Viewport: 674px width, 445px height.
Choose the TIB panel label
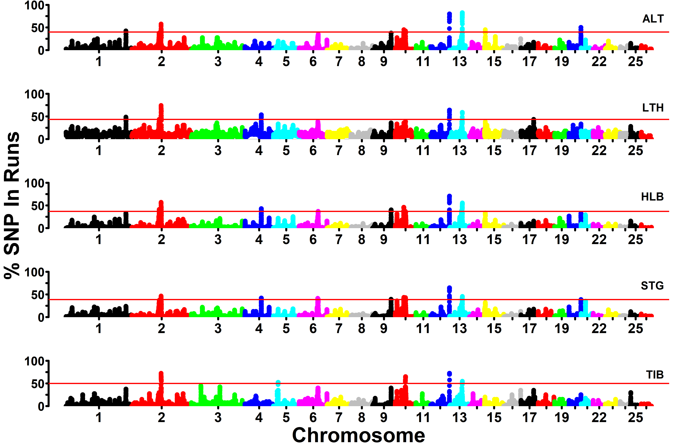point(655,375)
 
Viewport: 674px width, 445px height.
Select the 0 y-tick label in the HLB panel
point(41,228)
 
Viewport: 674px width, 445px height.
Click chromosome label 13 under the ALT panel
point(460,62)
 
